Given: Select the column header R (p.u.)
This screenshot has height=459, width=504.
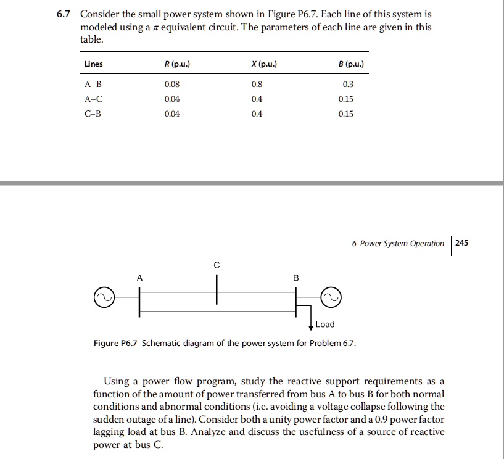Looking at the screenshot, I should pos(172,64).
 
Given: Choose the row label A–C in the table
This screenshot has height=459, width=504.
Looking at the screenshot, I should pos(94,99).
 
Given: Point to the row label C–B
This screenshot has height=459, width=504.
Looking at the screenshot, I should pos(94,114).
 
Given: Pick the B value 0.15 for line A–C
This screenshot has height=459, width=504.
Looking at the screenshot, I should pos(346,99).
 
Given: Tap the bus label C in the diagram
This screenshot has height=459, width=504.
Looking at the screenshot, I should pos(217,265).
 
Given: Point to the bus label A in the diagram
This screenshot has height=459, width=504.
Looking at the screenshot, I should pos(139,278).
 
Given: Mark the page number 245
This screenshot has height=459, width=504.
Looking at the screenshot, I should pos(462,243).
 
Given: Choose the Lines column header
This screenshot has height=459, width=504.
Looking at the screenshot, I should pos(94,64).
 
